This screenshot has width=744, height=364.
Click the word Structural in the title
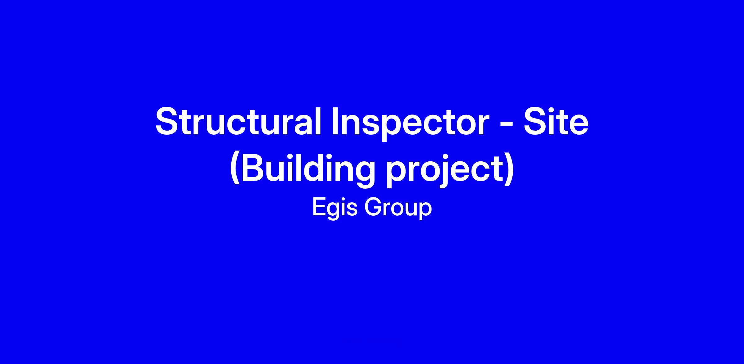tap(238, 121)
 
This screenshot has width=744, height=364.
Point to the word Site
tap(556, 121)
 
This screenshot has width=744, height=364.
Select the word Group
tap(398, 208)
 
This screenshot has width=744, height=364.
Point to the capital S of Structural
tap(167, 121)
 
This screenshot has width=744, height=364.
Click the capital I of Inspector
tap(335, 121)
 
